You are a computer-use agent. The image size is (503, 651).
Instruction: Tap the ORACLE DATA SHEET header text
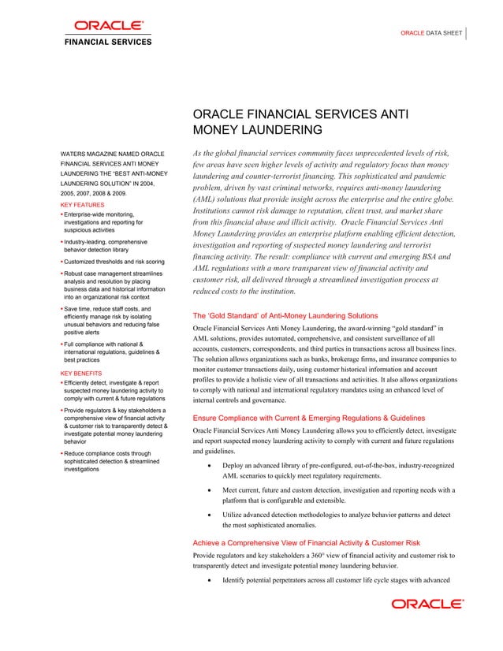point(431,34)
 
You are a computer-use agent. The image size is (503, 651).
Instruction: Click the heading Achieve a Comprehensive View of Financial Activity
point(306,543)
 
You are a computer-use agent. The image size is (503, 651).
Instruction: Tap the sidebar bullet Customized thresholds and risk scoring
point(114,261)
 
